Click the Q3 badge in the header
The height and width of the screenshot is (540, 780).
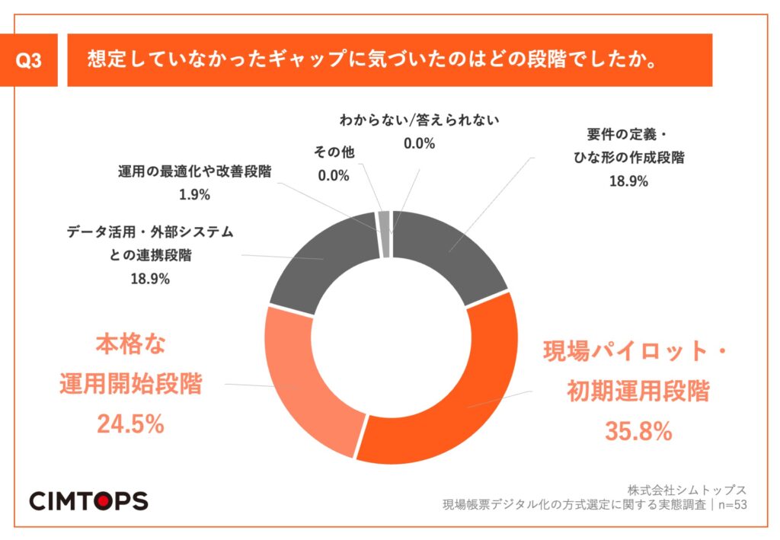coord(34,62)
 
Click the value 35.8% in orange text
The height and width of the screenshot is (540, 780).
coord(638,431)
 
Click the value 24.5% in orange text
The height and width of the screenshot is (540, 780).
coord(130,424)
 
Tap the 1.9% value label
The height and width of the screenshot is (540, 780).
coord(194,194)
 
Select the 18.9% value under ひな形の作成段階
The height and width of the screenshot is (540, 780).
coord(628,181)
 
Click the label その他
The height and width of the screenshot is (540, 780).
coord(333,152)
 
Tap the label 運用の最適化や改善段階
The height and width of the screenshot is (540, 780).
coord(194,171)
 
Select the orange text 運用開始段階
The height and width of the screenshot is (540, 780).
coord(130,384)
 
